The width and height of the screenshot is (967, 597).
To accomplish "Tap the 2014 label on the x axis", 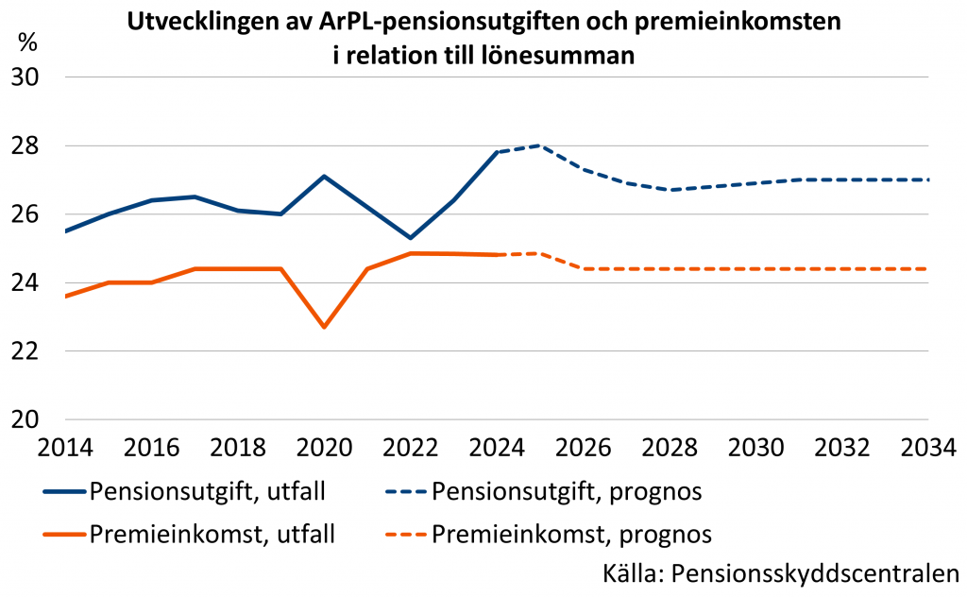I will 65,447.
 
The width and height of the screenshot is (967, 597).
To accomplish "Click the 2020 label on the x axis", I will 324,447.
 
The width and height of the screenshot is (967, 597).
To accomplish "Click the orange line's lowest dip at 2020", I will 324,327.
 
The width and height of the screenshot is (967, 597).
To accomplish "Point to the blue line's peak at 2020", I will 324,177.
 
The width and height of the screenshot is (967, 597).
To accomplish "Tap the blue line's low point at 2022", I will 411,237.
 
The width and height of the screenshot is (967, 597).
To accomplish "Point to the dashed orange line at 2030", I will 756,269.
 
